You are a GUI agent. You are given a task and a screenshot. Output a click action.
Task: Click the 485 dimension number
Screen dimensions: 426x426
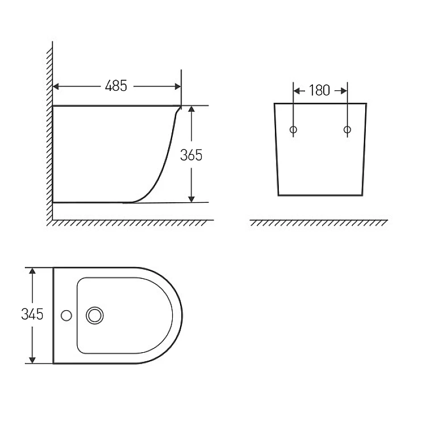click(x=116, y=86)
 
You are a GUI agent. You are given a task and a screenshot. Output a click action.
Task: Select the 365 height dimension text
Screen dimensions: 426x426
click(x=191, y=155)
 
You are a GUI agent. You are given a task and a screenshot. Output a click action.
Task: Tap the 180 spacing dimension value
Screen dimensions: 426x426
click(x=319, y=90)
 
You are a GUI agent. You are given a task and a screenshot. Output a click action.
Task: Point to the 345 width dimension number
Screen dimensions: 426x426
click(x=32, y=314)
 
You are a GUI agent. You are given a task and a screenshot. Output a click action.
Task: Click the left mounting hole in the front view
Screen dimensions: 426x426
click(x=294, y=130)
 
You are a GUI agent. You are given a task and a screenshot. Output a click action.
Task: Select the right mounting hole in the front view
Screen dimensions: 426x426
click(x=347, y=130)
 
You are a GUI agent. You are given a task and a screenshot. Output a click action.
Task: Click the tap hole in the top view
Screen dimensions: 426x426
click(x=66, y=315)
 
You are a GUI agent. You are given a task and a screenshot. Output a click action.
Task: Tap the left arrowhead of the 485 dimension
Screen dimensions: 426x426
click(x=56, y=86)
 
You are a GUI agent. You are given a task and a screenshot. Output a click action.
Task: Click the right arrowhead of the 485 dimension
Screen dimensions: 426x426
click(x=178, y=86)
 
